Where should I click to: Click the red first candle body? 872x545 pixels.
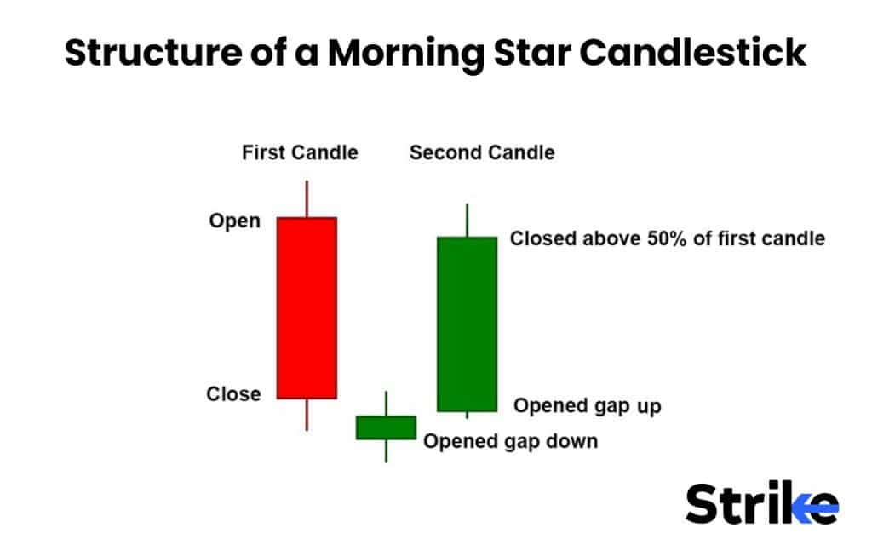pos(307,307)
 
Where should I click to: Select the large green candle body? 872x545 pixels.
pos(467,324)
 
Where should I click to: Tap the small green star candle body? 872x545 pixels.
pos(386,427)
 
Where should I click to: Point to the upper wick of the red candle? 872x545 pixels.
pos(307,198)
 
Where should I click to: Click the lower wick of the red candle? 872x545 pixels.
pos(307,414)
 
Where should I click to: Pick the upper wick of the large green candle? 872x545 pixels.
pos(467,220)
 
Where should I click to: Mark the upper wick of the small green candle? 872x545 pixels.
pos(386,403)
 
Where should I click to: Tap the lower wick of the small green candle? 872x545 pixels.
pos(386,450)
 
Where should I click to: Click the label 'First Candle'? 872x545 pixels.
pos(300,153)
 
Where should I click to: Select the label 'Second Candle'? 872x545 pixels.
pos(482,153)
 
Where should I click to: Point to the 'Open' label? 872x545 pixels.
pos(234,221)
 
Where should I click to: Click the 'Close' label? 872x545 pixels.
pos(233,394)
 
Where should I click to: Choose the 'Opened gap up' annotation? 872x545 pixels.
pos(587,406)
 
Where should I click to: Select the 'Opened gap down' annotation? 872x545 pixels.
pos(510,441)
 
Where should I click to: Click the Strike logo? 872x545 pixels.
pos(762,503)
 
